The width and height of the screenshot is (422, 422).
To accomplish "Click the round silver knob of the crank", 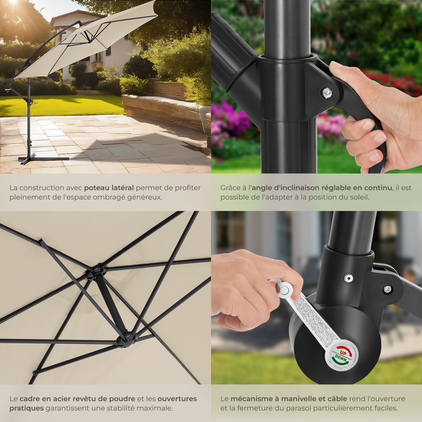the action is pyautogui.click(x=284, y=291).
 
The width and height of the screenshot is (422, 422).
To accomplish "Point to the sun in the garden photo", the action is pyautogui.click(x=13, y=2).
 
